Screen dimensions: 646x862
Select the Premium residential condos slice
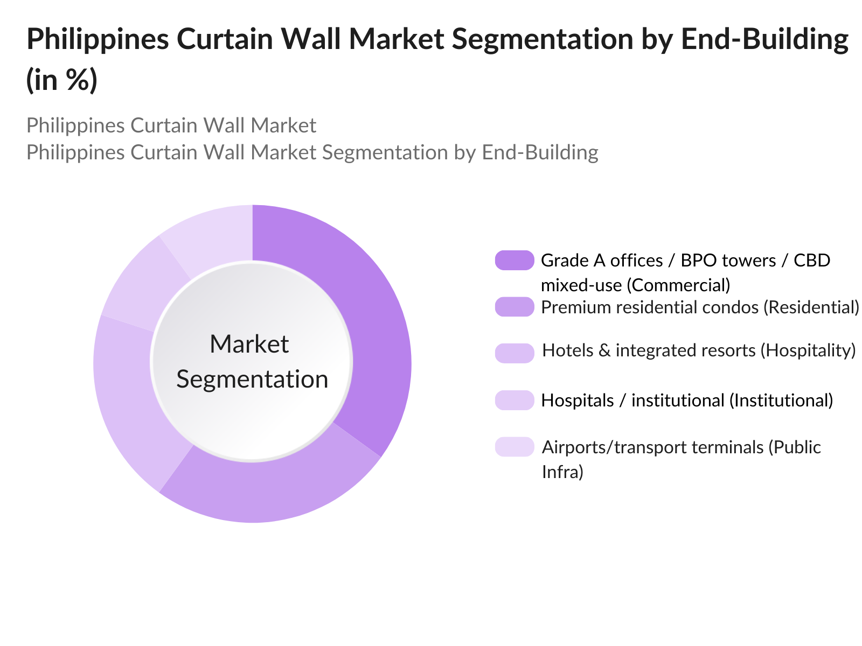pyautogui.click(x=269, y=490)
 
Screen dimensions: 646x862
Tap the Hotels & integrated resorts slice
pyautogui.click(x=135, y=398)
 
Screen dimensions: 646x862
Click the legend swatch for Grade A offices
pyautogui.click(x=515, y=261)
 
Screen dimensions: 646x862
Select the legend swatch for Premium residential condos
pyautogui.click(x=515, y=307)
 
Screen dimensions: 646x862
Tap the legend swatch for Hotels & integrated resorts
pyautogui.click(x=515, y=353)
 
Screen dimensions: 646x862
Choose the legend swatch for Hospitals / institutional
pyautogui.click(x=515, y=400)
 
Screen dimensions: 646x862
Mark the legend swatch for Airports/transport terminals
pyautogui.click(x=515, y=447)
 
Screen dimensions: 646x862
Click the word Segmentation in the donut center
pyautogui.click(x=252, y=380)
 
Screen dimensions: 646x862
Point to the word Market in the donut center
pyautogui.click(x=249, y=345)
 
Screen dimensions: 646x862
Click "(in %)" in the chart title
pyautogui.click(x=62, y=80)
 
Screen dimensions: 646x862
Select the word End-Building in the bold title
pyautogui.click(x=764, y=39)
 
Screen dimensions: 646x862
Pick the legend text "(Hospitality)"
pyautogui.click(x=808, y=350)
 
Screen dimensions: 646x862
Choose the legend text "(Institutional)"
pyautogui.click(x=781, y=401)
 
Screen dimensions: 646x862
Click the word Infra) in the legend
pyautogui.click(x=562, y=472)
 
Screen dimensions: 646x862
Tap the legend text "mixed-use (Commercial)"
pyautogui.click(x=635, y=285)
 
